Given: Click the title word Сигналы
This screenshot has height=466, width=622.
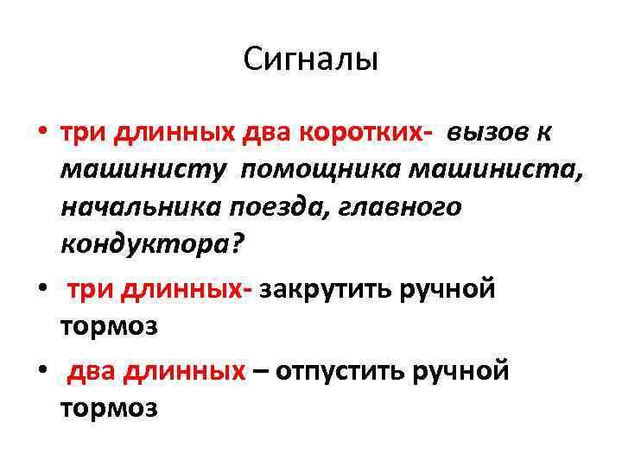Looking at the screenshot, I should [x=311, y=60].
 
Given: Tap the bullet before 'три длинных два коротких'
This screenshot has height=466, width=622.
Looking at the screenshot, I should [x=42, y=135].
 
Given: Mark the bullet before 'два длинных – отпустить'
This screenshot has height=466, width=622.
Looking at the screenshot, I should [x=42, y=372].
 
